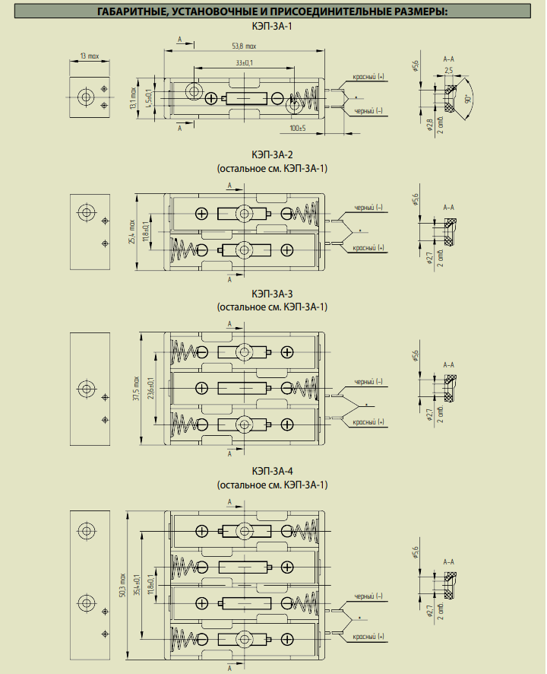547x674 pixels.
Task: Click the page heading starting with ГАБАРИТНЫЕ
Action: tap(272, 11)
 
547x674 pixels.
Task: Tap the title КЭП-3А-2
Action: tap(272, 154)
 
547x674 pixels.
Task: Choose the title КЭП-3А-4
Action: tap(272, 471)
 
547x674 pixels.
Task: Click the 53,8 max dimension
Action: tap(245, 46)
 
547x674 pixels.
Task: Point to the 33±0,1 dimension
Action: tap(245, 62)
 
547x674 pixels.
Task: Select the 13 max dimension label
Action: tap(90, 56)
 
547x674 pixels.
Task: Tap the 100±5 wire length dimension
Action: tap(298, 127)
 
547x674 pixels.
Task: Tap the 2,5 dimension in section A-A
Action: tap(449, 70)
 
